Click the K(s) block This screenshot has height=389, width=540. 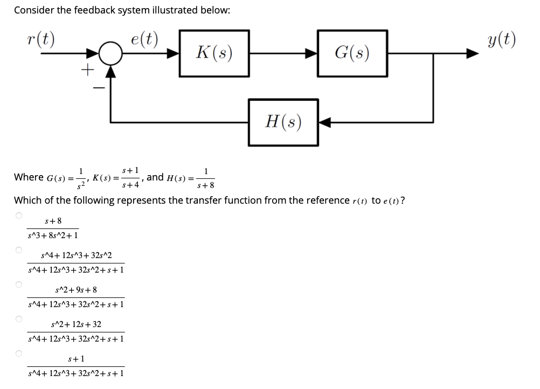(214, 53)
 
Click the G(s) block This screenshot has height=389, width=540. (352, 53)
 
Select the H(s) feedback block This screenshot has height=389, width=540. (283, 122)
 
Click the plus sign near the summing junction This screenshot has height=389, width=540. (87, 69)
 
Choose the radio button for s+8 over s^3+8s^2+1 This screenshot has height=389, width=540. (18, 216)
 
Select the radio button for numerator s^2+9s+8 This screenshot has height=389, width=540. (18, 284)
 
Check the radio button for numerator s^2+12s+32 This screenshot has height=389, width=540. (18, 319)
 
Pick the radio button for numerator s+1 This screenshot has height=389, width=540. (18, 353)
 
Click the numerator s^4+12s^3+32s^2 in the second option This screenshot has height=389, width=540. (76, 255)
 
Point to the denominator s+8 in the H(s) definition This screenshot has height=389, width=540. (205, 186)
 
